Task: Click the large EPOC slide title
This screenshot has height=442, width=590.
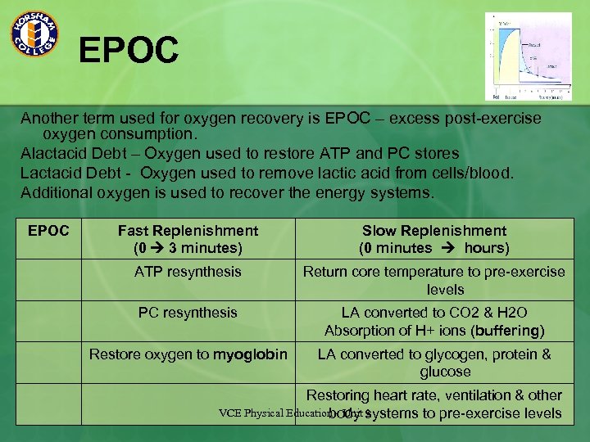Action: pyautogui.click(x=128, y=50)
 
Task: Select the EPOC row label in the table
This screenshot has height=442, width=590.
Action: pyautogui.click(x=48, y=231)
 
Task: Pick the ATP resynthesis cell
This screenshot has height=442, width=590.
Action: pyautogui.click(x=188, y=272)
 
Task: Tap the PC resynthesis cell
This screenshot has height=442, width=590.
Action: pyautogui.click(x=188, y=313)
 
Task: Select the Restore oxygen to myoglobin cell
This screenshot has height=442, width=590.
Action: pyautogui.click(x=188, y=354)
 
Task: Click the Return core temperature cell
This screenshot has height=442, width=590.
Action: pyautogui.click(x=433, y=280)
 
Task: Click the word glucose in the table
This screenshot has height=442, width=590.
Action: pyautogui.click(x=445, y=372)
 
